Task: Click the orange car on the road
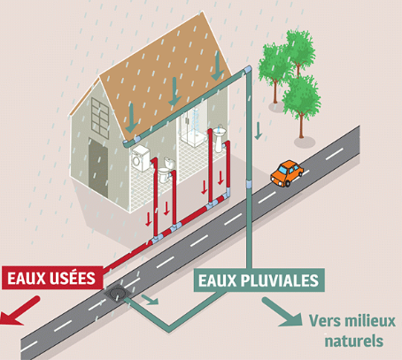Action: (287, 173)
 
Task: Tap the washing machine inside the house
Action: (141, 158)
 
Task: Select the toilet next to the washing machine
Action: (166, 170)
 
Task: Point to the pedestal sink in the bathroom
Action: (219, 138)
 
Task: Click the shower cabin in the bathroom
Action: (193, 126)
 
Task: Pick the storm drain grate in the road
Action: (117, 293)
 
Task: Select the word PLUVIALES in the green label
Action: (280, 280)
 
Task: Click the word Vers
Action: (324, 321)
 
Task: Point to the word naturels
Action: (354, 341)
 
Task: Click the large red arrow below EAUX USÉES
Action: (19, 312)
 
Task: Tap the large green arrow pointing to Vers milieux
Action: (282, 312)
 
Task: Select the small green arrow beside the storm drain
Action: (150, 300)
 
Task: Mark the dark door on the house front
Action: (98, 168)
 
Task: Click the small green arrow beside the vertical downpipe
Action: (259, 131)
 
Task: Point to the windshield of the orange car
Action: (283, 171)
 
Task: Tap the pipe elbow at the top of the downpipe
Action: (247, 71)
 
